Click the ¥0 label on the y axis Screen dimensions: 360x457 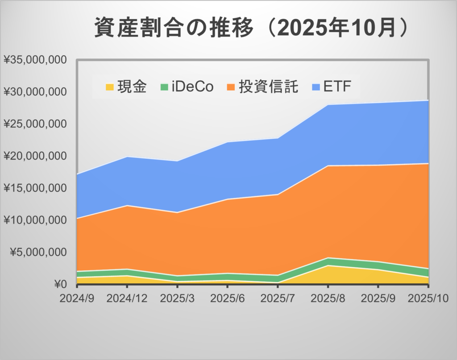[60, 284]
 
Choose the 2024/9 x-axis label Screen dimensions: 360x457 [76, 297]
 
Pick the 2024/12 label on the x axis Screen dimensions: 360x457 [127, 297]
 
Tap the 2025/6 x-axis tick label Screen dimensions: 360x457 [227, 297]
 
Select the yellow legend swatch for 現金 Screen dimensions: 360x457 [109, 87]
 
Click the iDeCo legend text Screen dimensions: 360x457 [193, 87]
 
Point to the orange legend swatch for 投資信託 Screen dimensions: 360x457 [231, 87]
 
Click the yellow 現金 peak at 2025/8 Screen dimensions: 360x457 [328, 266]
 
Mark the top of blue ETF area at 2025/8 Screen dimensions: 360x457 [328, 105]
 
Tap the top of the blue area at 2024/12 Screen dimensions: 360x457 [128, 157]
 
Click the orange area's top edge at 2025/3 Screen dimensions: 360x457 [178, 212]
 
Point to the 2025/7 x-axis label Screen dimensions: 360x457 [278, 297]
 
